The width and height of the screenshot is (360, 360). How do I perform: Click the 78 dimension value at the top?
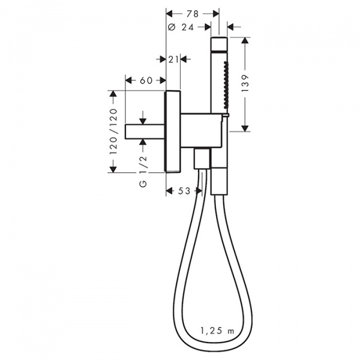(193, 14)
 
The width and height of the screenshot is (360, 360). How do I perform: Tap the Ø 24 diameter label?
(181, 28)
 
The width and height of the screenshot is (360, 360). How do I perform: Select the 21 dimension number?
(173, 59)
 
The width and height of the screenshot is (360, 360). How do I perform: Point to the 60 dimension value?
(146, 80)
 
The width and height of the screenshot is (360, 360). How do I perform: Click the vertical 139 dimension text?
(245, 83)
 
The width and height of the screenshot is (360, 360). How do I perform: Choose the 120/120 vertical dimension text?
(113, 131)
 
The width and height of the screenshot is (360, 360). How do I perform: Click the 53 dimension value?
(184, 191)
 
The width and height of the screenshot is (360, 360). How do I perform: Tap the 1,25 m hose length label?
(217, 331)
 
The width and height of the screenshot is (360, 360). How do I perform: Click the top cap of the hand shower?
(219, 43)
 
